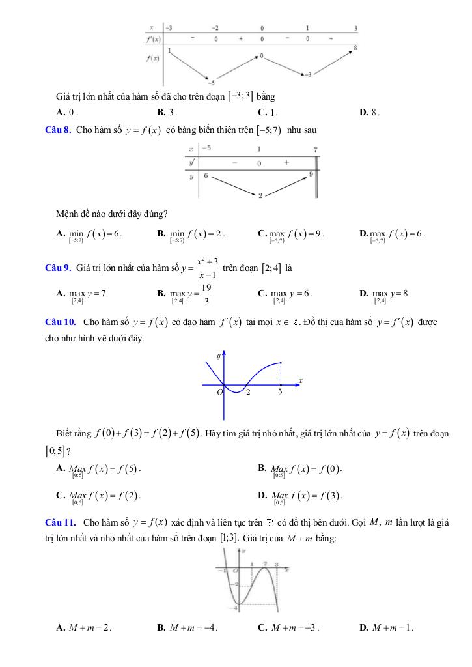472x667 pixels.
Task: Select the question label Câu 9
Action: tap(57, 268)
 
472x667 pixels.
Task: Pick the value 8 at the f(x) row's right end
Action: tap(355, 48)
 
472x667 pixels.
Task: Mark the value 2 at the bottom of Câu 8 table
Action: tap(260, 195)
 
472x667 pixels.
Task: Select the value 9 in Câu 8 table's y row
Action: tap(311, 174)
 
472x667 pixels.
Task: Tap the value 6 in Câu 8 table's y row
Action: tap(206, 176)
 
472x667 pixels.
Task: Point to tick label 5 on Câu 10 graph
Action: tap(280, 392)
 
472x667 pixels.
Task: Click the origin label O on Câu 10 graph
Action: tap(219, 392)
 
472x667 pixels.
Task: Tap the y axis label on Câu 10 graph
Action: tap(219, 356)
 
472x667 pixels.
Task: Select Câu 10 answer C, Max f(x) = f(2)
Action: tap(100, 496)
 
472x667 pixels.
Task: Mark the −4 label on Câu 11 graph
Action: tap(235, 608)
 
